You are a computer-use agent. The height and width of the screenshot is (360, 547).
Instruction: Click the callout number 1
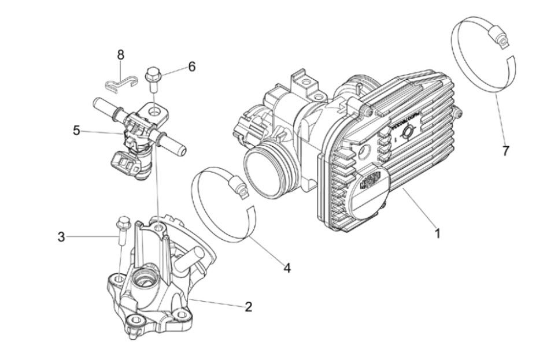point(438,234)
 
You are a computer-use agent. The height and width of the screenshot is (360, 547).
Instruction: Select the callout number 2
point(249,307)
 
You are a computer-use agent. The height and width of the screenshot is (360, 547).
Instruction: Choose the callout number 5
point(77,131)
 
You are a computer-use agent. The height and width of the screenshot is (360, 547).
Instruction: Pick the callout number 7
point(505,151)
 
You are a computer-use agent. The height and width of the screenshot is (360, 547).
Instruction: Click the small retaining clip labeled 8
point(122,85)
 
